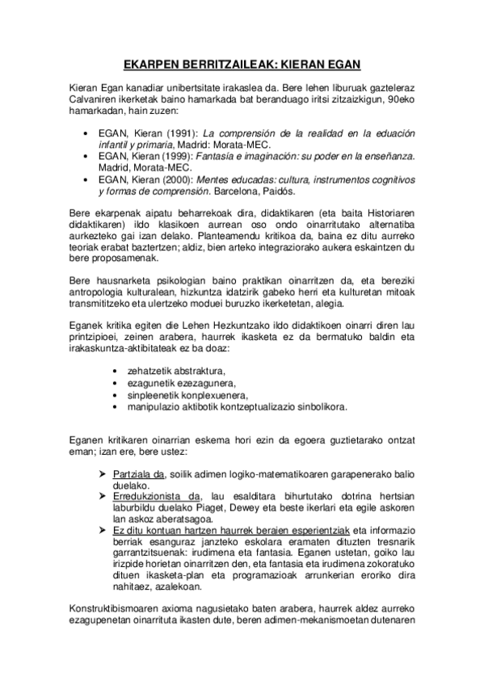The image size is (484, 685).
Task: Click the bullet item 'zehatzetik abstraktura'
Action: pos(170,370)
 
